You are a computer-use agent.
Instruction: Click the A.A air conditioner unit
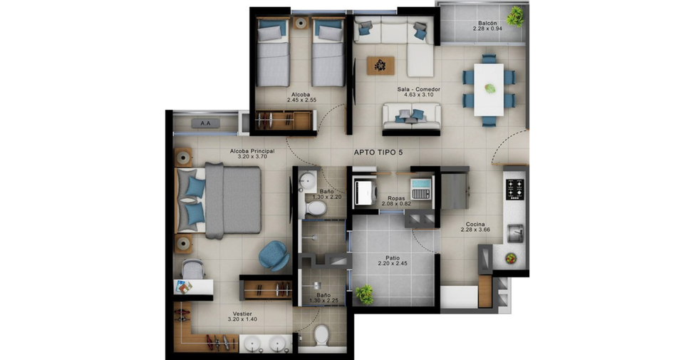tap(205, 123)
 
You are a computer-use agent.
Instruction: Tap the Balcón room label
tap(487, 23)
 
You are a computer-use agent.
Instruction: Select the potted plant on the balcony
tap(515, 17)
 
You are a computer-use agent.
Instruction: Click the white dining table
tap(489, 90)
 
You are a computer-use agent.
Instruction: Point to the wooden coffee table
tap(380, 66)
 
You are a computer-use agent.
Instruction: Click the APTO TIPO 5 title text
tap(378, 153)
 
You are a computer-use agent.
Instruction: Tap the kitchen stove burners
tap(514, 189)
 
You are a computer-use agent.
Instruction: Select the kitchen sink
tap(515, 233)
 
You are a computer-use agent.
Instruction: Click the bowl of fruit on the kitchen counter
tap(511, 258)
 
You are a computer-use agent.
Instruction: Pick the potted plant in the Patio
tap(364, 294)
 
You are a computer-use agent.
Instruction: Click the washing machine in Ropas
tap(365, 192)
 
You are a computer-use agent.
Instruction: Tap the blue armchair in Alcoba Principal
tap(274, 255)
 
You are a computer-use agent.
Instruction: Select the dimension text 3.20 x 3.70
tap(252, 156)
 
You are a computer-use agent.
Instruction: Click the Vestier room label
tap(242, 314)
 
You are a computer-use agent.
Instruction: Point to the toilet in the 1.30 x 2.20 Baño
tap(316, 207)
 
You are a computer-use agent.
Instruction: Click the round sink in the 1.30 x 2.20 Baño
tap(307, 180)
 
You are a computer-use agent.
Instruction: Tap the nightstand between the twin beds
tap(301, 23)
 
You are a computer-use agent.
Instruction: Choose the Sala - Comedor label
tap(419, 89)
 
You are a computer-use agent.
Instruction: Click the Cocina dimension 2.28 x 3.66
tap(475, 230)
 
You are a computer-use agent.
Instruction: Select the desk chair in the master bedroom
tap(192, 269)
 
